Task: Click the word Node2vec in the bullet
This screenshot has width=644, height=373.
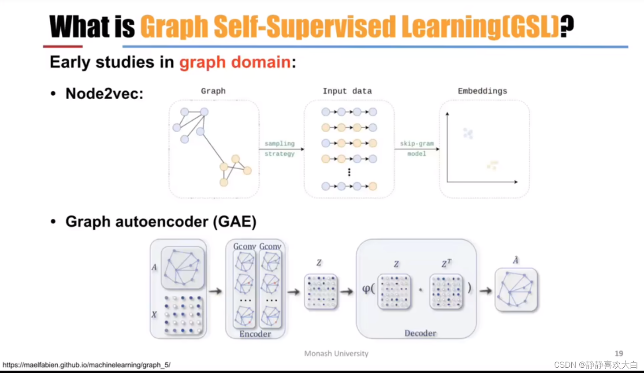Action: [x=104, y=93]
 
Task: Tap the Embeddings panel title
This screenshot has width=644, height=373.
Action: [x=482, y=91]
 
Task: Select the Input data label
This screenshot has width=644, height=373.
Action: [x=347, y=91]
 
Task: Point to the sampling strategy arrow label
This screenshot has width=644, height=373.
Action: [x=279, y=149]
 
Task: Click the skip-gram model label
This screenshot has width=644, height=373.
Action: [x=417, y=149]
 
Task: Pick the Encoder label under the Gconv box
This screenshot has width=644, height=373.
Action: [x=255, y=334]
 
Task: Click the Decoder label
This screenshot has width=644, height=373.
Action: [x=421, y=333]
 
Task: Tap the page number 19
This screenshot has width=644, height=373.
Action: [x=619, y=354]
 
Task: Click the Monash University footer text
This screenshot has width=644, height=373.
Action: [x=336, y=354]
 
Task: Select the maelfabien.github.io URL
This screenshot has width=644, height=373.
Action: [x=86, y=365]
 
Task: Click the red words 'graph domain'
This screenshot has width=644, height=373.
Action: [x=235, y=62]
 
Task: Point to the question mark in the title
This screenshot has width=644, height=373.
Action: [x=567, y=26]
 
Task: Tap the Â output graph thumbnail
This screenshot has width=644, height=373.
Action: [x=516, y=291]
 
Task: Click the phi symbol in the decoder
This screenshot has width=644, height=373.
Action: [x=367, y=289]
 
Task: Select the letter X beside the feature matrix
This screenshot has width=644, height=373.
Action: [x=154, y=315]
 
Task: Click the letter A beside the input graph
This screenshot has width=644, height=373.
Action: [x=154, y=267]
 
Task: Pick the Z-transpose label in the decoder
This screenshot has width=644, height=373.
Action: [x=447, y=264]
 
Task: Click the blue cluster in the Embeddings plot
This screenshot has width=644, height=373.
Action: [x=468, y=133]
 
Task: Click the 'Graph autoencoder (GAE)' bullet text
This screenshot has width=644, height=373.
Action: [x=161, y=221]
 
